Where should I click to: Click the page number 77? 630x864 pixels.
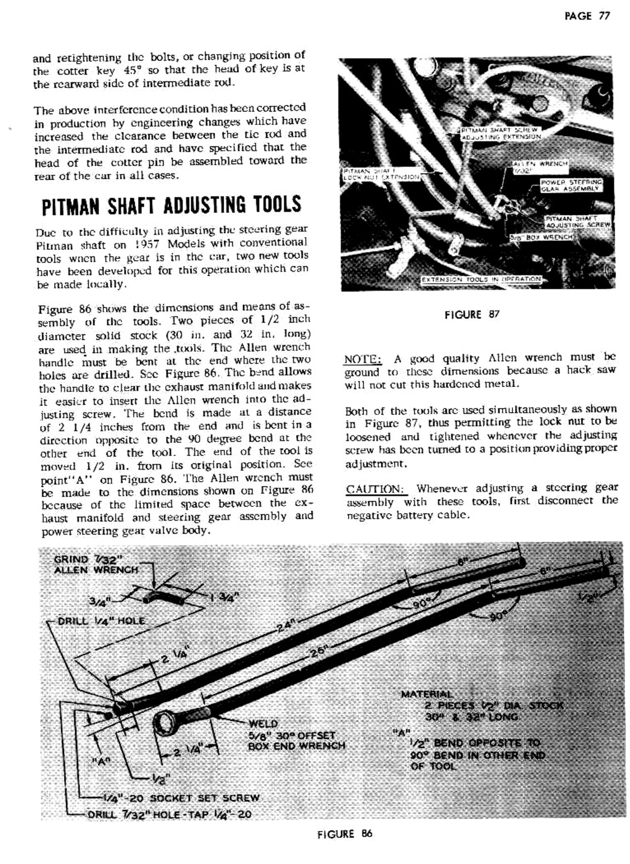[604, 16]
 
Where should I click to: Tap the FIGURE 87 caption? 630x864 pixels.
[472, 314]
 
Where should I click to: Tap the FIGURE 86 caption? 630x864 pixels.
[345, 834]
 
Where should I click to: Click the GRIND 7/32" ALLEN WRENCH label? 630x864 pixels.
[95, 564]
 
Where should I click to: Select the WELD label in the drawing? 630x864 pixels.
[263, 724]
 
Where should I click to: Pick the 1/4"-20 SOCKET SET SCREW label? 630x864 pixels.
[181, 797]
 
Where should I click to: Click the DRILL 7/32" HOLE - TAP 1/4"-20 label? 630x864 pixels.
[169, 814]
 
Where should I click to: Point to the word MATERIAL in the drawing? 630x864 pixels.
[426, 694]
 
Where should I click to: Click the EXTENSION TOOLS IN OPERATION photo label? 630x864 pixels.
[481, 280]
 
